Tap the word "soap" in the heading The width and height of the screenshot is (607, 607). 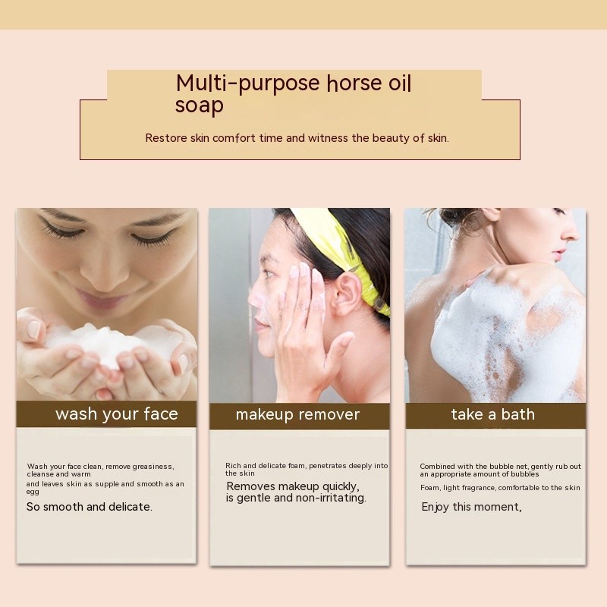(200, 105)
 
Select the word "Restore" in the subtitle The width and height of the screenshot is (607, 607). (166, 138)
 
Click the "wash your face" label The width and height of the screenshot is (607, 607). (117, 414)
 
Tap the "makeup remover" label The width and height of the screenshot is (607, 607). (297, 415)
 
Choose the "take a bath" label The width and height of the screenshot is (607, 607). (492, 414)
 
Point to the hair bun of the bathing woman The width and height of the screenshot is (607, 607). (457, 218)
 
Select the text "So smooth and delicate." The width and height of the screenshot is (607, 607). (89, 507)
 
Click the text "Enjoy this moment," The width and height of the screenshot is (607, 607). (471, 507)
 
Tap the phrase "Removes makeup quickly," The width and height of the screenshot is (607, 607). (293, 486)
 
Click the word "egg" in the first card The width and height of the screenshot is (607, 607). (33, 492)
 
